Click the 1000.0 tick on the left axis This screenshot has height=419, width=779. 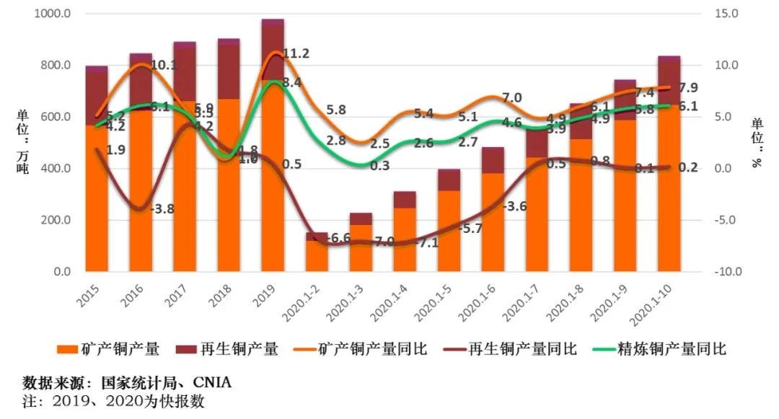pyautogui.click(x=53, y=14)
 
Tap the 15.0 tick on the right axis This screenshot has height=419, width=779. pyautogui.click(x=723, y=14)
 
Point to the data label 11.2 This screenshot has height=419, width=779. pyautogui.click(x=296, y=54)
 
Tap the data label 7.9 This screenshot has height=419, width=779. pyautogui.click(x=688, y=88)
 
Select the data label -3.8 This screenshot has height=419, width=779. pyautogui.click(x=161, y=209)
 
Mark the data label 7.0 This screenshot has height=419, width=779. pyautogui.click(x=512, y=97)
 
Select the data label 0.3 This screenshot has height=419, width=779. pyautogui.click(x=380, y=166)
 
